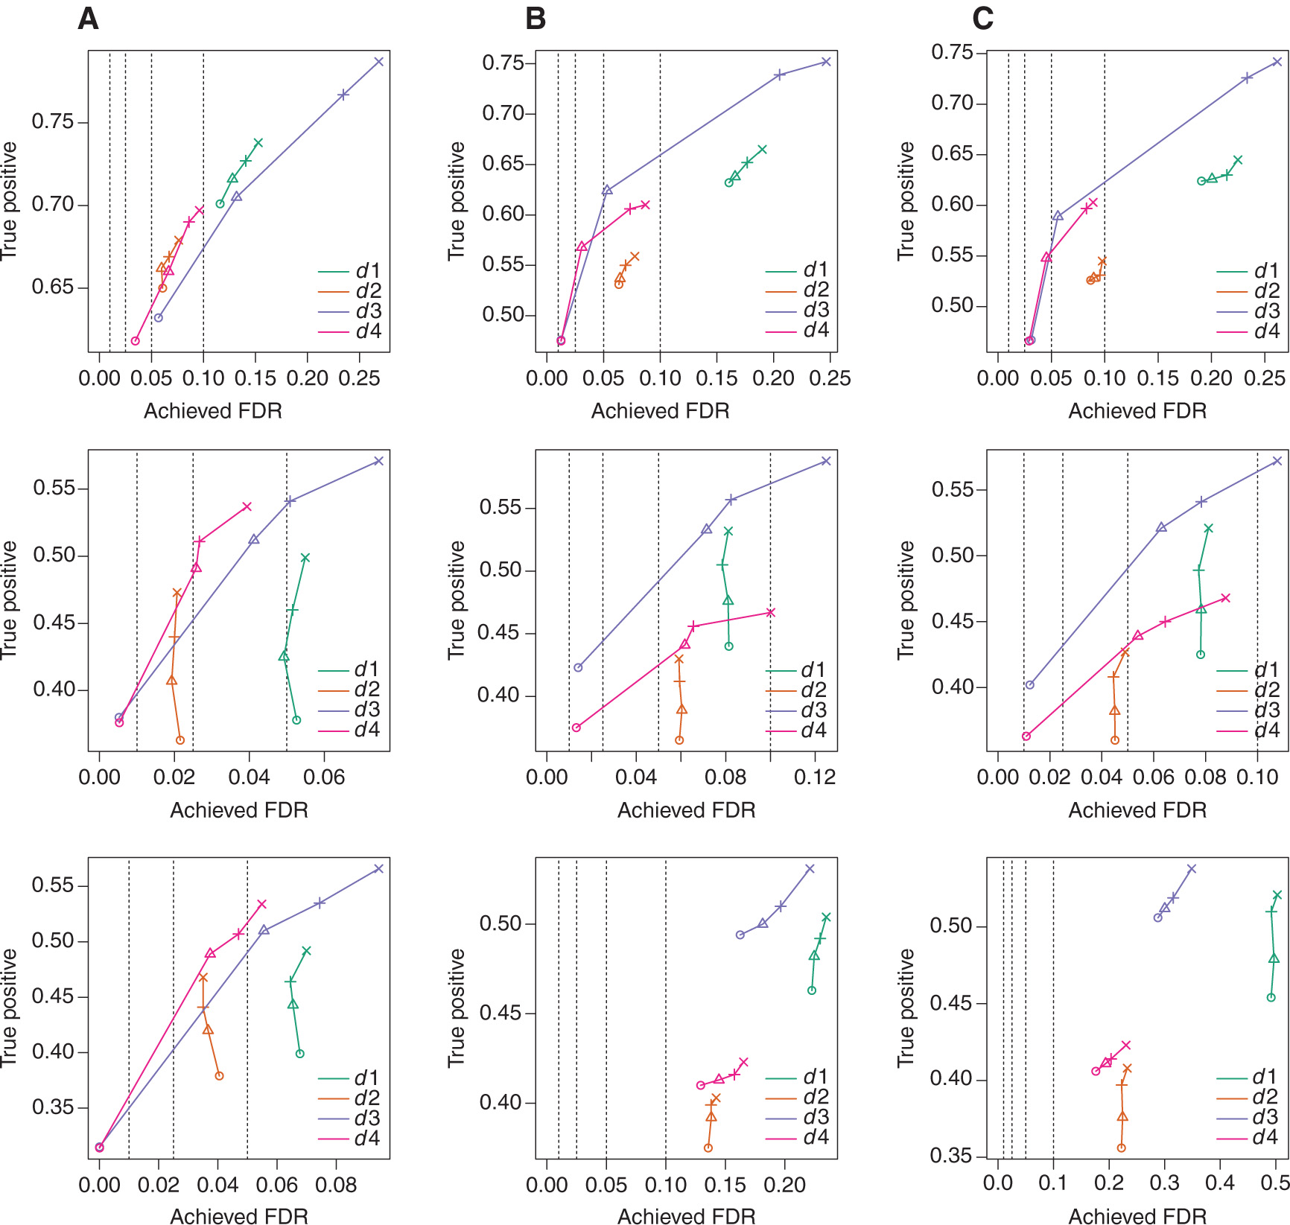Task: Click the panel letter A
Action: tap(88, 19)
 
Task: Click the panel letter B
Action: tap(535, 19)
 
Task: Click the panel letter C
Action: tap(982, 19)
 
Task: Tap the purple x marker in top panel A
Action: tap(379, 62)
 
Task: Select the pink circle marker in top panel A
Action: tap(135, 341)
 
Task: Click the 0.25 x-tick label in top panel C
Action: tap(1264, 378)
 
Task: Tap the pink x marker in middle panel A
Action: tap(247, 506)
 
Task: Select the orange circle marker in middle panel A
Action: tap(180, 740)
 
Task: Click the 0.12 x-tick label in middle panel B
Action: tap(815, 777)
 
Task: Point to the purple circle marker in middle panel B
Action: tap(578, 667)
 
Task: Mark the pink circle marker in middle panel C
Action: tap(1026, 736)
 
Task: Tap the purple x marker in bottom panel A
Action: tap(379, 868)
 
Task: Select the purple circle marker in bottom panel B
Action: tap(740, 935)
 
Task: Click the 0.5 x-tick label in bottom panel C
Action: tap(1274, 1183)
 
